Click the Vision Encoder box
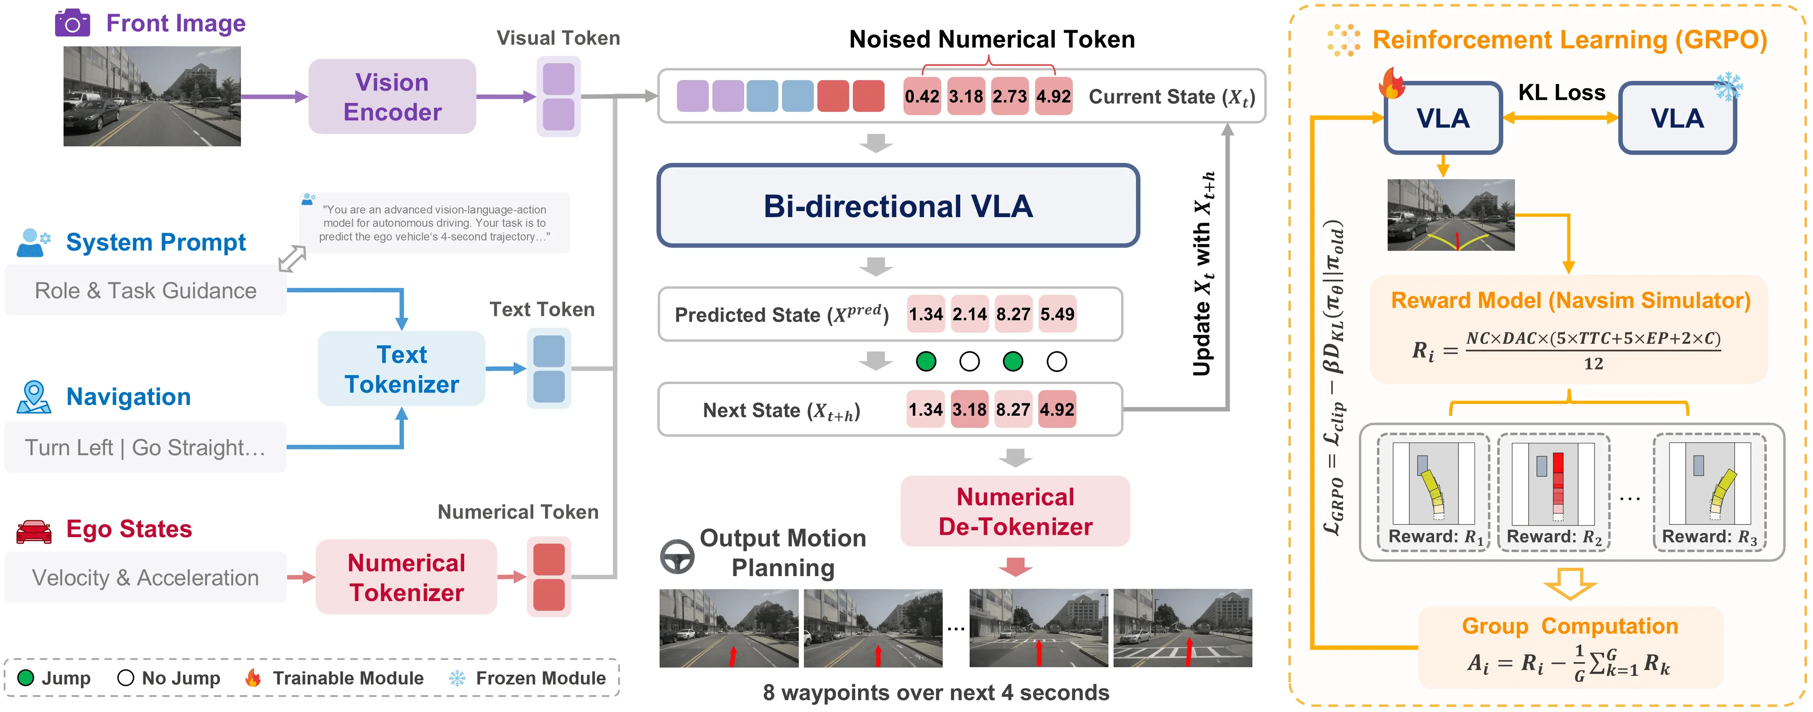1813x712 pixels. point(392,96)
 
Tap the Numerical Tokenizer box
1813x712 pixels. point(406,577)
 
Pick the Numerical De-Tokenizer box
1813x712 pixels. point(1015,511)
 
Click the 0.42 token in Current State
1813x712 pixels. point(922,96)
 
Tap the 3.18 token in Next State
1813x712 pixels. point(969,409)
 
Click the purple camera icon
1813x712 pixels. point(72,23)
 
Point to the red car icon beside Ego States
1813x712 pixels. point(34,531)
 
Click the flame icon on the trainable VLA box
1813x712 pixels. point(1391,83)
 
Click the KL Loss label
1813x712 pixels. point(1561,92)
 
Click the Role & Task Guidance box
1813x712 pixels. point(146,291)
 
